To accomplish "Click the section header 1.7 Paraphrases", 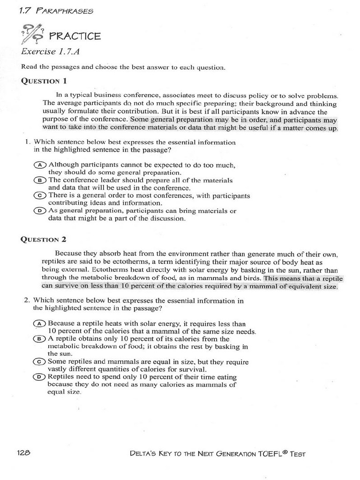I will click(x=56, y=10).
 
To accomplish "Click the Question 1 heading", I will click(x=44, y=80).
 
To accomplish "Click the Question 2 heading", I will click(x=44, y=239).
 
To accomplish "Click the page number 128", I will click(x=24, y=453).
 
